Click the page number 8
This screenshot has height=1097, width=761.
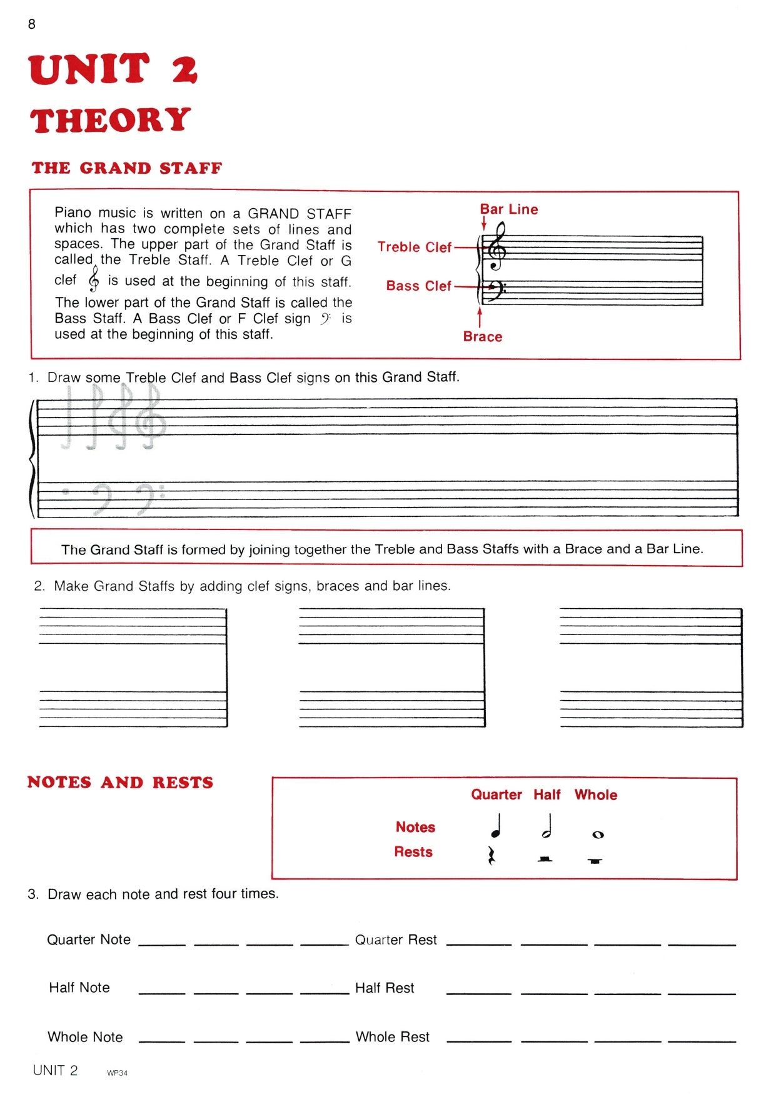[32, 24]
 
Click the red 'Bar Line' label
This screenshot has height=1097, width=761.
[508, 209]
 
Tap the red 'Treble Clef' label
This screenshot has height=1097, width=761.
[414, 248]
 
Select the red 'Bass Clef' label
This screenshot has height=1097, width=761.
[418, 286]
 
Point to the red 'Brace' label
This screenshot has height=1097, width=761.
[482, 337]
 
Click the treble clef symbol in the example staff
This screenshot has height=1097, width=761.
[498, 248]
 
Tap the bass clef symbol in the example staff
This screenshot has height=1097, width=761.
[495, 288]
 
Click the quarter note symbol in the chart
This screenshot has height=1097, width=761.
[496, 826]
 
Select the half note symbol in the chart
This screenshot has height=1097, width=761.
[547, 826]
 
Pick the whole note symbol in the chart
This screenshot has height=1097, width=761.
[598, 834]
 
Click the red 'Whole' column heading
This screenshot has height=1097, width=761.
[595, 795]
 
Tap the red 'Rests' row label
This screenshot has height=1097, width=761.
[413, 852]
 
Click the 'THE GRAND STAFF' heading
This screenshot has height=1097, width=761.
[127, 168]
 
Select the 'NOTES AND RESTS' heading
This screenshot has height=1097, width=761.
[120, 783]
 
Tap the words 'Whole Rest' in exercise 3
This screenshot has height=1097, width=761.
[393, 1037]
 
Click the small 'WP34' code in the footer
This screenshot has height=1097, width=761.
[117, 1073]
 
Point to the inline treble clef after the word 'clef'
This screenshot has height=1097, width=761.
[94, 279]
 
